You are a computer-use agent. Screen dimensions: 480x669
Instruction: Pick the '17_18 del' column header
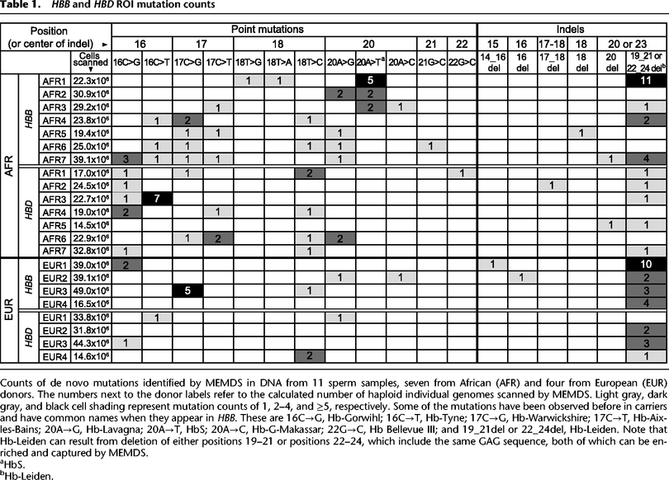click(553, 60)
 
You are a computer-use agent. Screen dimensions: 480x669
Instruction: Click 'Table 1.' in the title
click(21, 6)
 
